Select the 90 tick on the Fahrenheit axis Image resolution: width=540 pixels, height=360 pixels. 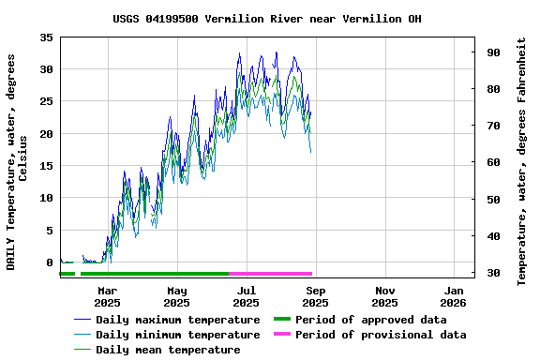point(491,52)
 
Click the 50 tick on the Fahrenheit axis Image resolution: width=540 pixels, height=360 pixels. point(491,200)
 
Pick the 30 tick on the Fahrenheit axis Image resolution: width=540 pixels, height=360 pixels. point(491,273)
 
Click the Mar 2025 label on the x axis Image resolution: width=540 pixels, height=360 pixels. point(107,296)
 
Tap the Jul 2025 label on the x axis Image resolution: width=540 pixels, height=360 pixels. point(246,296)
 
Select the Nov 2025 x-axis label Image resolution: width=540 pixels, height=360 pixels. point(384,296)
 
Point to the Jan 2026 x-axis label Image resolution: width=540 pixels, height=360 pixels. point(454,296)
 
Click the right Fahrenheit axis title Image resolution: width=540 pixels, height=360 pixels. point(522,161)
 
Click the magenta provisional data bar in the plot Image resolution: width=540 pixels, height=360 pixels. point(270,274)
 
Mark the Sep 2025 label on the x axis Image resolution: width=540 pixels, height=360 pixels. point(315,296)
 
